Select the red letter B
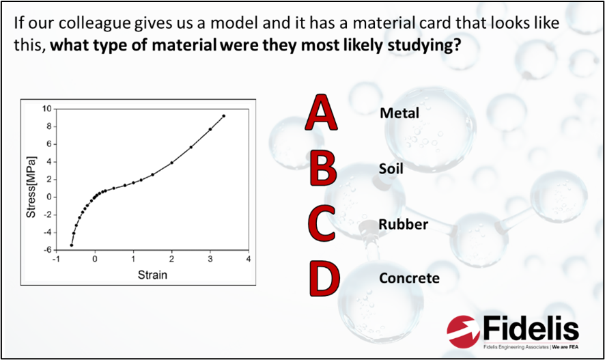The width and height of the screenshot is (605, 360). pyautogui.click(x=321, y=168)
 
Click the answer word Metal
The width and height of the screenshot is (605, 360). pyautogui.click(x=399, y=113)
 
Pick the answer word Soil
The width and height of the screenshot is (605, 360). pyautogui.click(x=391, y=167)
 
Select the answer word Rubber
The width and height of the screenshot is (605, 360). pyautogui.click(x=404, y=223)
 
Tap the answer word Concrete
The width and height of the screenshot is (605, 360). pyautogui.click(x=409, y=278)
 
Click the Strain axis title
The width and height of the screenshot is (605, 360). pyautogui.click(x=152, y=275)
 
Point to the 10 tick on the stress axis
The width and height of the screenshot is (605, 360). pyautogui.click(x=46, y=109)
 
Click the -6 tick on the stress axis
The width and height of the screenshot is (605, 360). pyautogui.click(x=48, y=250)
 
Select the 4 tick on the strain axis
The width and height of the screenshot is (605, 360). pyautogui.click(x=248, y=260)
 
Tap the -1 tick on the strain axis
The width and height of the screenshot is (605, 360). pyautogui.click(x=57, y=260)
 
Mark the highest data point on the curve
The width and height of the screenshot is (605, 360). pyautogui.click(x=223, y=115)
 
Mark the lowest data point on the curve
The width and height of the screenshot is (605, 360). pyautogui.click(x=72, y=245)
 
